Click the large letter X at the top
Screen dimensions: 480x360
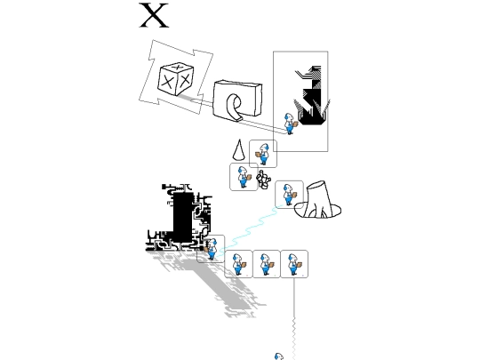click(x=154, y=15)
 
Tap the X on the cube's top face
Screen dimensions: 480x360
click(x=177, y=67)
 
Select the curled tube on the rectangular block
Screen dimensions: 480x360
click(x=234, y=108)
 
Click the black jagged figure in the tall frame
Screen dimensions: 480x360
click(x=312, y=95)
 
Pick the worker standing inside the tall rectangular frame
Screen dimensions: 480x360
click(x=290, y=124)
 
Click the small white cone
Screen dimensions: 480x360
click(x=239, y=150)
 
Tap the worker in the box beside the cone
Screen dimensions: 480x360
click(x=262, y=154)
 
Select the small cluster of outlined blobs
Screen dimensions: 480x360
click(x=264, y=180)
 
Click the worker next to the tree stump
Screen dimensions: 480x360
click(x=289, y=195)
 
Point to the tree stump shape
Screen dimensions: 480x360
click(x=317, y=201)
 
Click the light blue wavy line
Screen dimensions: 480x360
click(x=249, y=230)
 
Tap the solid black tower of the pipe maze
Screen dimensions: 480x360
click(x=183, y=217)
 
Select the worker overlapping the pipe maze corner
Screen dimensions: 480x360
click(x=211, y=249)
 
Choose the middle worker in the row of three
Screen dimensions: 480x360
click(x=267, y=264)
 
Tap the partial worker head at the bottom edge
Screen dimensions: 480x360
click(x=279, y=356)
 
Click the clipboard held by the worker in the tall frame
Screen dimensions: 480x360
click(x=295, y=124)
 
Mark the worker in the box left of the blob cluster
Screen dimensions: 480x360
click(x=244, y=177)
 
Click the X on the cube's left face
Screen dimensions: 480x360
click(x=167, y=82)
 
